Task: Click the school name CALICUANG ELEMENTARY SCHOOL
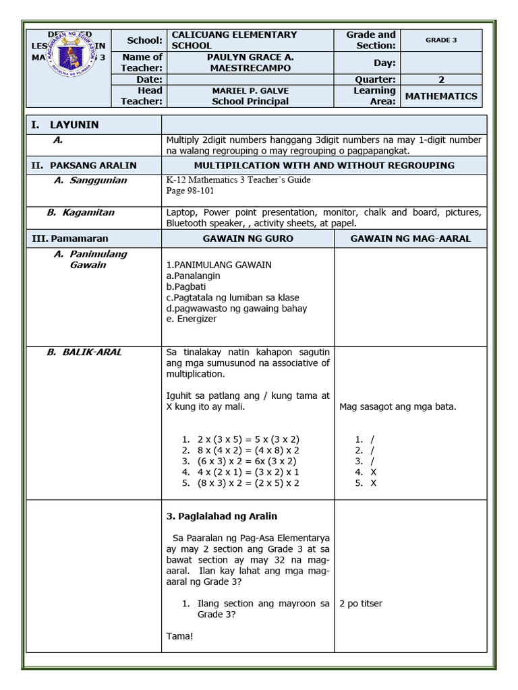234,40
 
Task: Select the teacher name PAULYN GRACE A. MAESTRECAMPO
250,63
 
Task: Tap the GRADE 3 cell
441,40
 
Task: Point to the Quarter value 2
441,80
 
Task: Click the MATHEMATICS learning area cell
441,96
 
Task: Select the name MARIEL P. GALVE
250,91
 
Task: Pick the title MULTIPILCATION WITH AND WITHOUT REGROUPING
324,165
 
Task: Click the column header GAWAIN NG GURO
248,239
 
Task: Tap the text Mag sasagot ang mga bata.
398,406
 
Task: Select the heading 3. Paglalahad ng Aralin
222,516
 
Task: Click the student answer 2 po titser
361,604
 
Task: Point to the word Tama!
179,635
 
